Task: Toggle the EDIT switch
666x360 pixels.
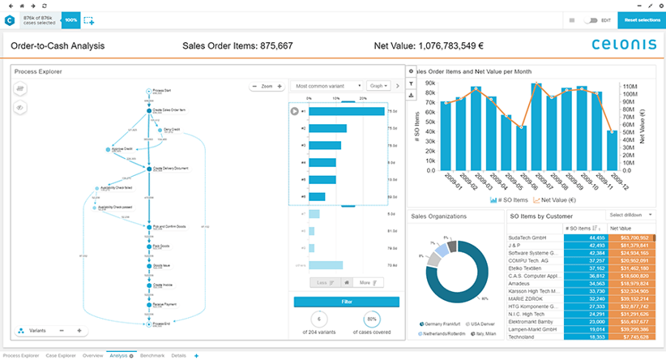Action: [x=591, y=19]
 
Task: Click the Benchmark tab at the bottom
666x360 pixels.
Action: [x=152, y=355]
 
